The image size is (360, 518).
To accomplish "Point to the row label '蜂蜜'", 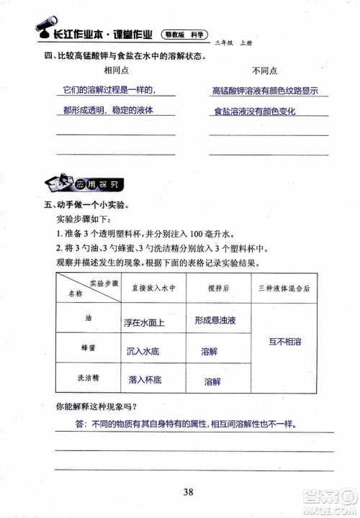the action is point(89,347).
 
